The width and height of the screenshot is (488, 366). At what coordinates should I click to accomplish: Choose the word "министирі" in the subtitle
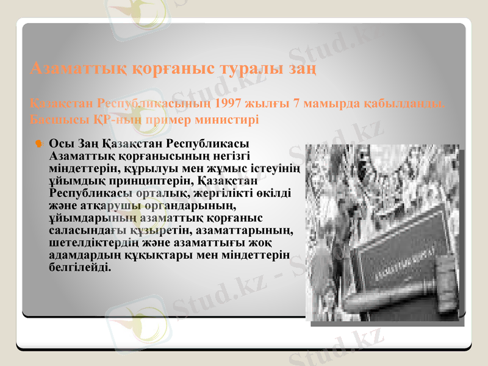(x=228, y=118)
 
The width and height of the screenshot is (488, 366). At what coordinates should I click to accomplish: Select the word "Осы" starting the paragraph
(x=60, y=144)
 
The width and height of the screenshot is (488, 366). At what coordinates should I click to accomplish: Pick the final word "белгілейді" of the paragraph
(x=79, y=267)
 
